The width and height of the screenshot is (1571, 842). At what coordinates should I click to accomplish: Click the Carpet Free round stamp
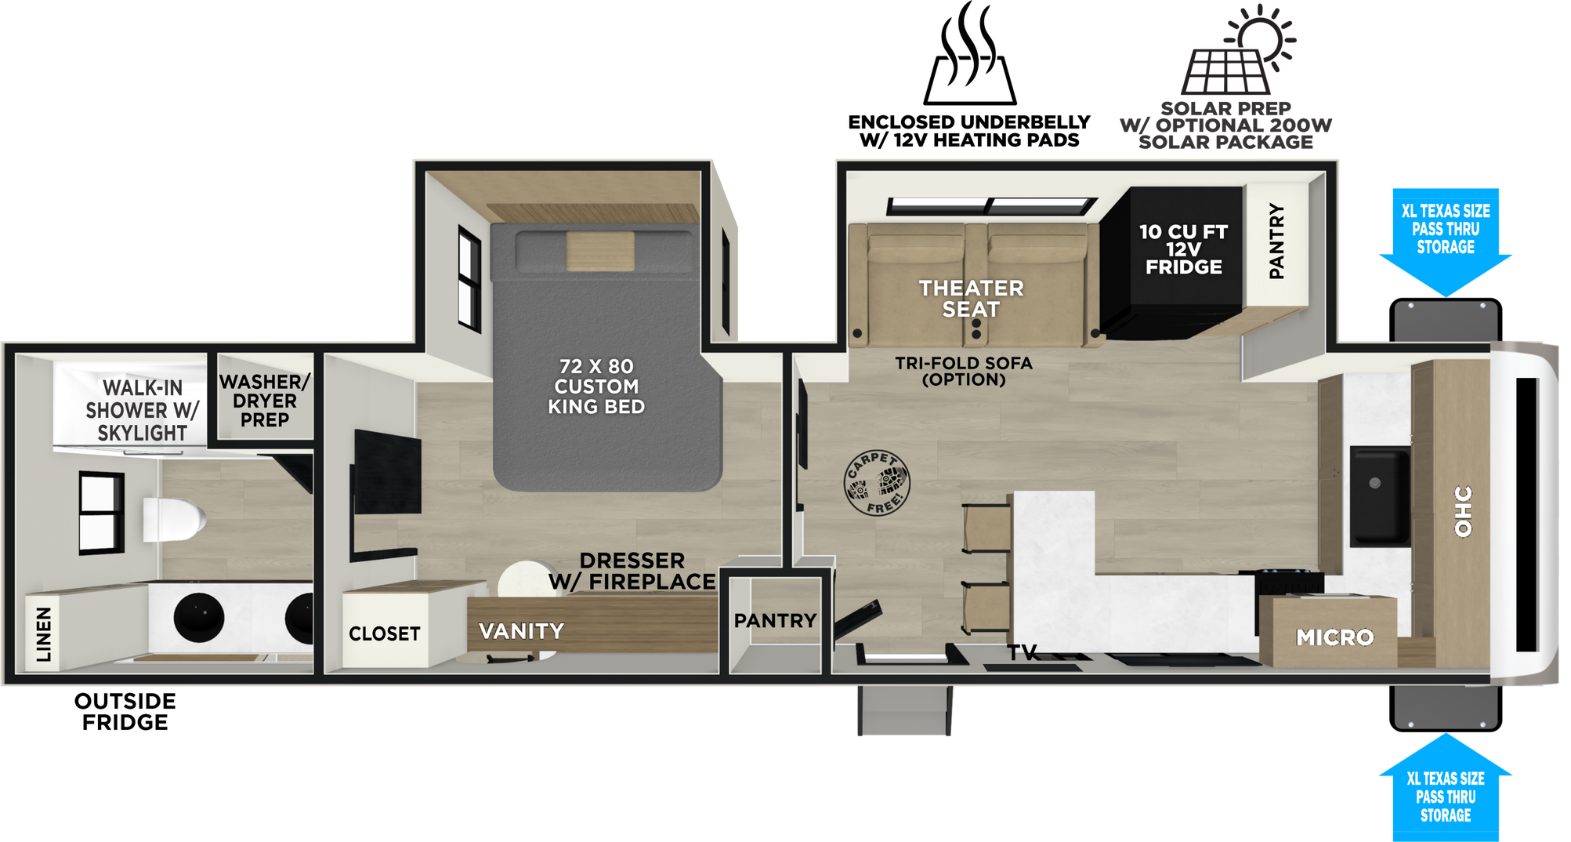click(877, 483)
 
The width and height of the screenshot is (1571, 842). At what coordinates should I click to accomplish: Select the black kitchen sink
click(1380, 495)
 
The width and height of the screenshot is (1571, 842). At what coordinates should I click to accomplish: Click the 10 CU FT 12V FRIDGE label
click(1183, 249)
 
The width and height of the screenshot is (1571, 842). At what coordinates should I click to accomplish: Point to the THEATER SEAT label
click(971, 299)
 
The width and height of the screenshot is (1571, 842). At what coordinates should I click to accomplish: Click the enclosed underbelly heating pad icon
click(970, 53)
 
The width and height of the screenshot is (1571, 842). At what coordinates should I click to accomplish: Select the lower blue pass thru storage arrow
click(1446, 787)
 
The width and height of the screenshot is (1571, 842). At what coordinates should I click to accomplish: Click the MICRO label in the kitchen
click(1335, 637)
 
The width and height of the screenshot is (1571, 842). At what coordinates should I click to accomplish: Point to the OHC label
click(1463, 511)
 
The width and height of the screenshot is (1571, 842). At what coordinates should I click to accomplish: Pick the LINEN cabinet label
click(44, 634)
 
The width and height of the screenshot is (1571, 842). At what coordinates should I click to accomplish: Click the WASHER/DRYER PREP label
click(265, 401)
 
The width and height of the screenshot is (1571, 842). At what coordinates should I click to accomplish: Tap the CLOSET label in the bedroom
click(385, 633)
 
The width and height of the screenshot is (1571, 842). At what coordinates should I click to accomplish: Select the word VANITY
click(521, 631)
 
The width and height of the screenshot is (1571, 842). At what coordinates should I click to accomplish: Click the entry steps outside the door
click(905, 710)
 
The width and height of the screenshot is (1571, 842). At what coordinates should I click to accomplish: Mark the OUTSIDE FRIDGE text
click(125, 712)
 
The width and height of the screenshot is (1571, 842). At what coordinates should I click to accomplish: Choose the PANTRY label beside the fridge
click(1276, 241)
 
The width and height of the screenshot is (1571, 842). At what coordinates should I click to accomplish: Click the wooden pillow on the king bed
click(600, 251)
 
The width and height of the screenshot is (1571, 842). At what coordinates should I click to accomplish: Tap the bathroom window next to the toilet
click(102, 514)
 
